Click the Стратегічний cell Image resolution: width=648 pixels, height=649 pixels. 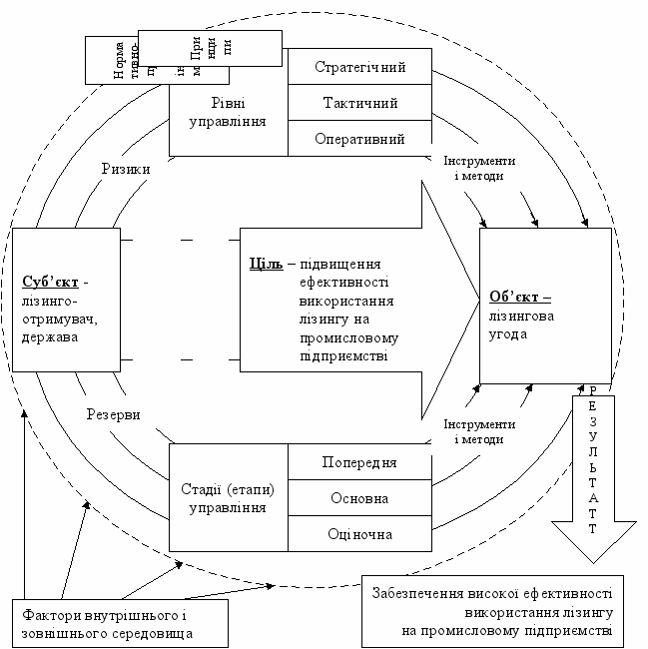coord(360,68)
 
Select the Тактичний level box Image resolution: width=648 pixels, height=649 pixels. coord(360,103)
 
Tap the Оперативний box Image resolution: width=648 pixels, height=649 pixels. coord(360,139)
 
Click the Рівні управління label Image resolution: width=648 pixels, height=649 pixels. coord(228,112)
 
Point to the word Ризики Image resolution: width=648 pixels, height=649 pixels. coord(126,170)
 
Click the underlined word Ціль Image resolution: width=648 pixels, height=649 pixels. coord(265,264)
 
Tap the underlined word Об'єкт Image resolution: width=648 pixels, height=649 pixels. coord(520,297)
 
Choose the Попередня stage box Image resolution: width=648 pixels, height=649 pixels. coord(359,462)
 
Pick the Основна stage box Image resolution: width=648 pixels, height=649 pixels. coord(359,497)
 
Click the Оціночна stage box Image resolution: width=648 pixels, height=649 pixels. coord(359,533)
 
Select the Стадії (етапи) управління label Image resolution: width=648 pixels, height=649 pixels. coord(228,497)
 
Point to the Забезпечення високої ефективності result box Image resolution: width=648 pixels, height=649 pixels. coord(492,610)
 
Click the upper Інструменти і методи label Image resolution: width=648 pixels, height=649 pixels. coord(480,168)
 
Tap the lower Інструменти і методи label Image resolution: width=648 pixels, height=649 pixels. coord(480,431)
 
